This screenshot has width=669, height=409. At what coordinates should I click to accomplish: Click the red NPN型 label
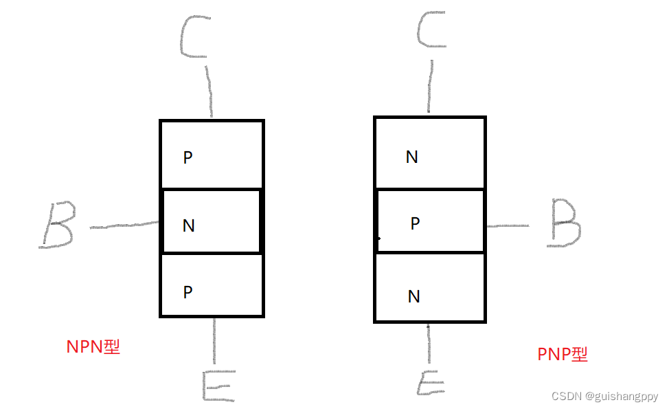coord(93,346)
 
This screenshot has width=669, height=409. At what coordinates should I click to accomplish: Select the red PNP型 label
coord(563,354)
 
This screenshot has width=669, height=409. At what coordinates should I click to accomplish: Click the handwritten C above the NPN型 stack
coord(194,36)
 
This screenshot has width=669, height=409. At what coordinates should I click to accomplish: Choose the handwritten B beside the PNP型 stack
coord(565,224)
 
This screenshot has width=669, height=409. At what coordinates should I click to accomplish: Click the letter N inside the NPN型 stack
coord(188,225)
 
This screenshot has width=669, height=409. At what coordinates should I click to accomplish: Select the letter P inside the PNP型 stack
coord(415,223)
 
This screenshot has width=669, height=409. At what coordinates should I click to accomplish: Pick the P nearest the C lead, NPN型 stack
coord(188,158)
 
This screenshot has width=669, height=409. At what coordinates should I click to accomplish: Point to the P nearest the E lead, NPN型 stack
coord(188,292)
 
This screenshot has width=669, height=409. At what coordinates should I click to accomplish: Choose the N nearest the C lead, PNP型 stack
coord(412,157)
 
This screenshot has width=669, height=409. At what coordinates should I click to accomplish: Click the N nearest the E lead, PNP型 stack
coord(413,296)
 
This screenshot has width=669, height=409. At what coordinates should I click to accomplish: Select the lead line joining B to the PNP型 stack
coord(507,225)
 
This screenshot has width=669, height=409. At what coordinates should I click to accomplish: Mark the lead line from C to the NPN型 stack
coord(208,89)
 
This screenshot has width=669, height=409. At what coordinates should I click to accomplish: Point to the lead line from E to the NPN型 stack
coord(215,340)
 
